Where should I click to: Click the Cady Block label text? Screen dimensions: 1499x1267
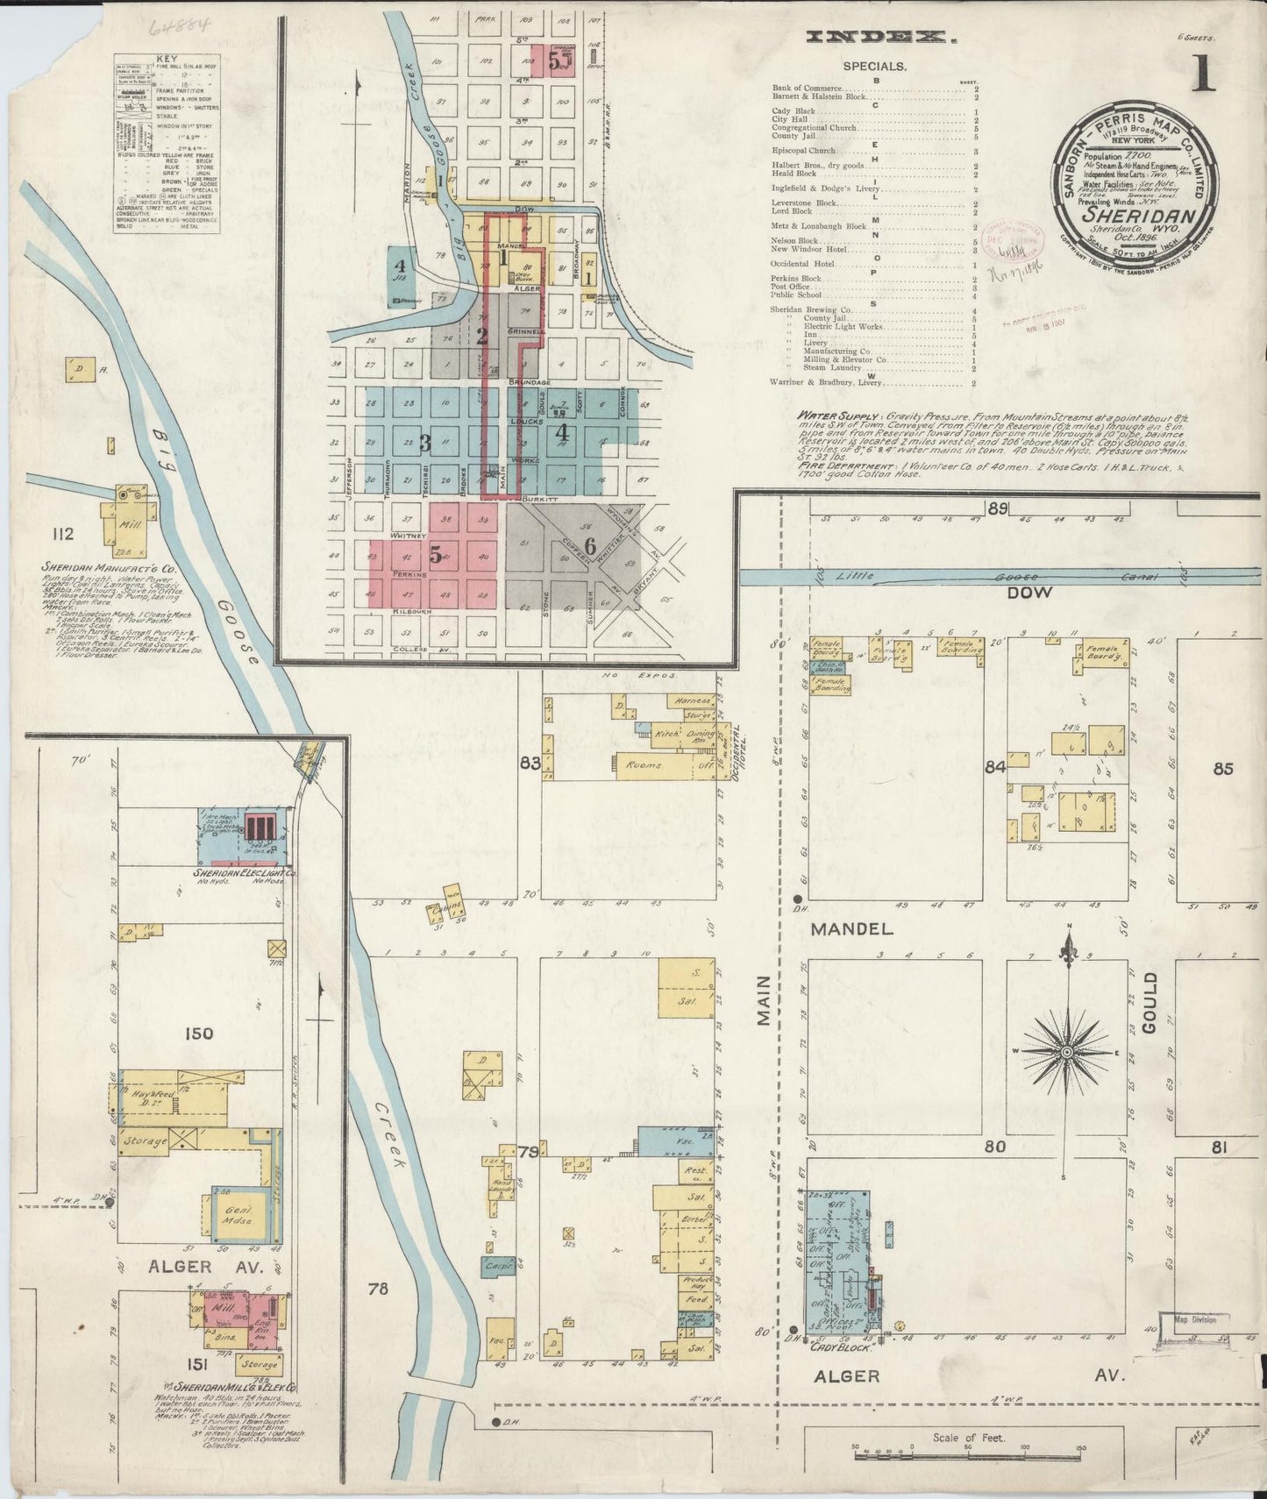coord(839,1347)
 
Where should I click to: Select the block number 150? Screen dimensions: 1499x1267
coord(199,1034)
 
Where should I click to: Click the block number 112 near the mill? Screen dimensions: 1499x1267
coord(62,534)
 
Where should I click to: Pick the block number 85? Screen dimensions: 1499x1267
coord(1223,769)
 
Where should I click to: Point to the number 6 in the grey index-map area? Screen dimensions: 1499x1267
coord(590,545)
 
